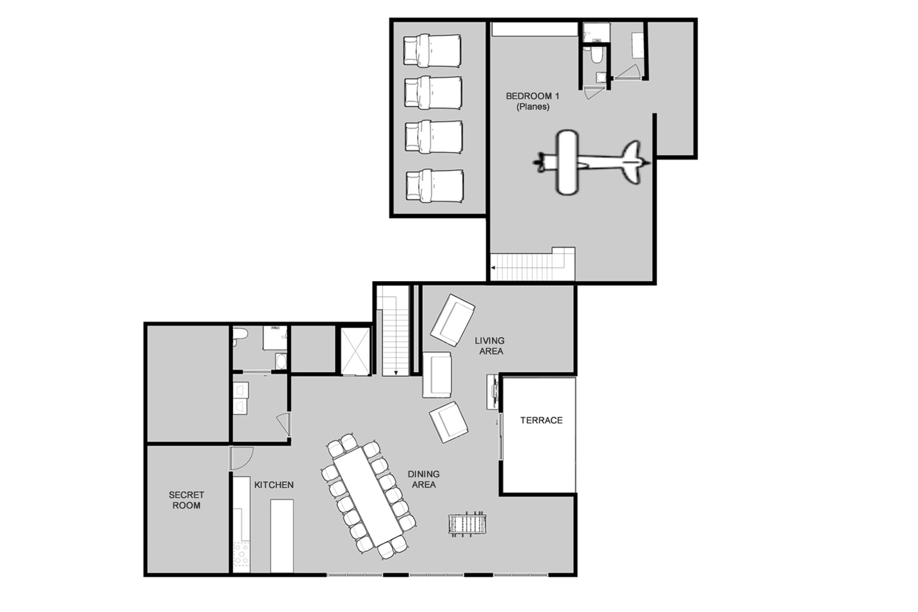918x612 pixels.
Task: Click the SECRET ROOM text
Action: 186,500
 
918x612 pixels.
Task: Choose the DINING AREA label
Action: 424,479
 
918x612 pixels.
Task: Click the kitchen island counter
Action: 282,535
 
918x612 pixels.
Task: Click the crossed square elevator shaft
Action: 355,351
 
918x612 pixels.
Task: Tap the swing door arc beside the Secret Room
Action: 242,459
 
